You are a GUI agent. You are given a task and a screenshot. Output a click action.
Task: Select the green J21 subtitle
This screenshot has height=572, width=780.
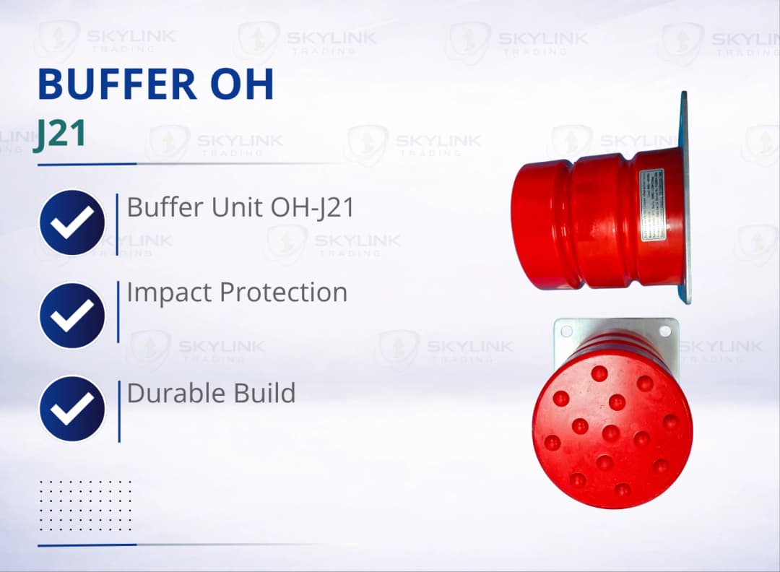click(60, 135)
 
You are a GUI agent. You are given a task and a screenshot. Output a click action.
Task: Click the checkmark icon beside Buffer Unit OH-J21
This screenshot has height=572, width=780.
click(72, 222)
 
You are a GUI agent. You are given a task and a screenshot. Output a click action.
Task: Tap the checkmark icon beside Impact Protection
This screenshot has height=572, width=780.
click(72, 316)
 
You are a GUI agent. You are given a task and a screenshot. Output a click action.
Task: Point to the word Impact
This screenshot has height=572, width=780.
click(169, 293)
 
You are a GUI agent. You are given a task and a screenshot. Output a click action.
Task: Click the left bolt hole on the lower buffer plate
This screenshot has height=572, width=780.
click(566, 331)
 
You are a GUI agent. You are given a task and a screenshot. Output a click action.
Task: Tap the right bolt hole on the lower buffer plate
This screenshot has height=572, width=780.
click(665, 331)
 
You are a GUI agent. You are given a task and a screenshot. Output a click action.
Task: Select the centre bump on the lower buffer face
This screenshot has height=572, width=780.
click(611, 433)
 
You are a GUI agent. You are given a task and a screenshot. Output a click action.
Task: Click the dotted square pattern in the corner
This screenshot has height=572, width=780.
click(85, 505)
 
